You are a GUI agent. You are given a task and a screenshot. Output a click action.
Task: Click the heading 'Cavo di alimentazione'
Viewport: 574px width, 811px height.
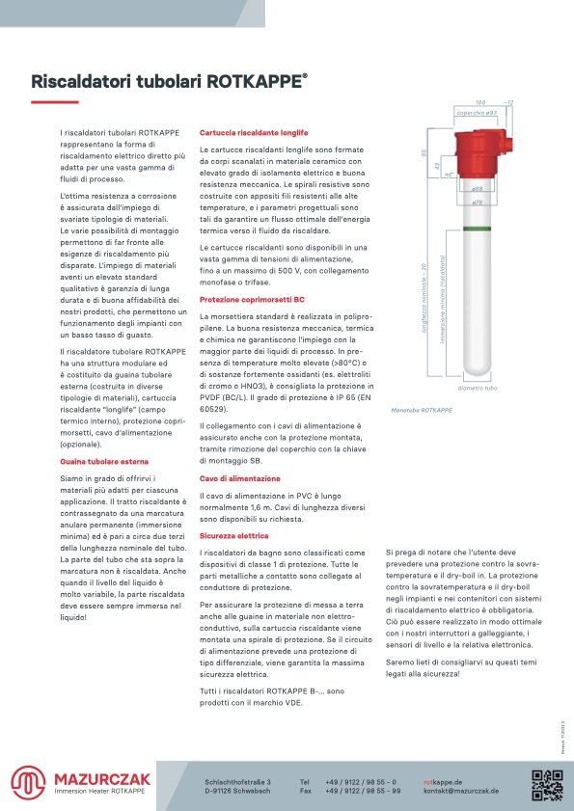240,478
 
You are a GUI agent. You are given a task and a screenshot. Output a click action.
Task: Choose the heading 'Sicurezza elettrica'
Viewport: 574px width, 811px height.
234,535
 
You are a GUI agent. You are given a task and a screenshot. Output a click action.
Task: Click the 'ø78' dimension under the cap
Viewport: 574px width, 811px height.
477,203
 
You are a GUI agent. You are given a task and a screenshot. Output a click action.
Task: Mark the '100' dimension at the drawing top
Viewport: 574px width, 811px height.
480,101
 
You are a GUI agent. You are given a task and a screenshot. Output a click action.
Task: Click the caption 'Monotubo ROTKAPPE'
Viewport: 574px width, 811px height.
422,410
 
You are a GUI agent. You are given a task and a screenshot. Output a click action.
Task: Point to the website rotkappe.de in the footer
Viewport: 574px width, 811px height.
443,781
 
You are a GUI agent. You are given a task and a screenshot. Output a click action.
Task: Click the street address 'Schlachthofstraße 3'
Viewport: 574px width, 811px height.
238,781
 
